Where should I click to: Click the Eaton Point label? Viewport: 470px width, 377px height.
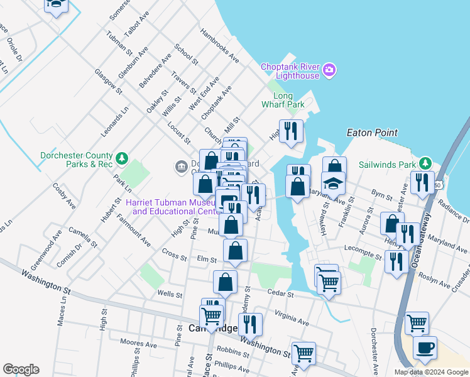(372, 133)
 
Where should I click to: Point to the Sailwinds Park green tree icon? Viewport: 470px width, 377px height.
(425, 163)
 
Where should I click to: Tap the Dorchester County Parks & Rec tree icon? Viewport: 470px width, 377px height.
(123, 157)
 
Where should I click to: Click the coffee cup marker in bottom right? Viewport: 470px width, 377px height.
(425, 349)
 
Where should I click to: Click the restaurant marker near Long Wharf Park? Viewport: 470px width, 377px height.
(291, 131)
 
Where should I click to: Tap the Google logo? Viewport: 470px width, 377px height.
(21, 369)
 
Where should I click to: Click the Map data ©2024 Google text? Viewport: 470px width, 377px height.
(430, 372)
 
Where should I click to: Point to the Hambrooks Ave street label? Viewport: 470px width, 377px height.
(219, 46)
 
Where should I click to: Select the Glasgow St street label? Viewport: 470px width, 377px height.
(109, 82)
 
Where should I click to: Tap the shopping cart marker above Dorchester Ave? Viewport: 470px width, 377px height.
(417, 323)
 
